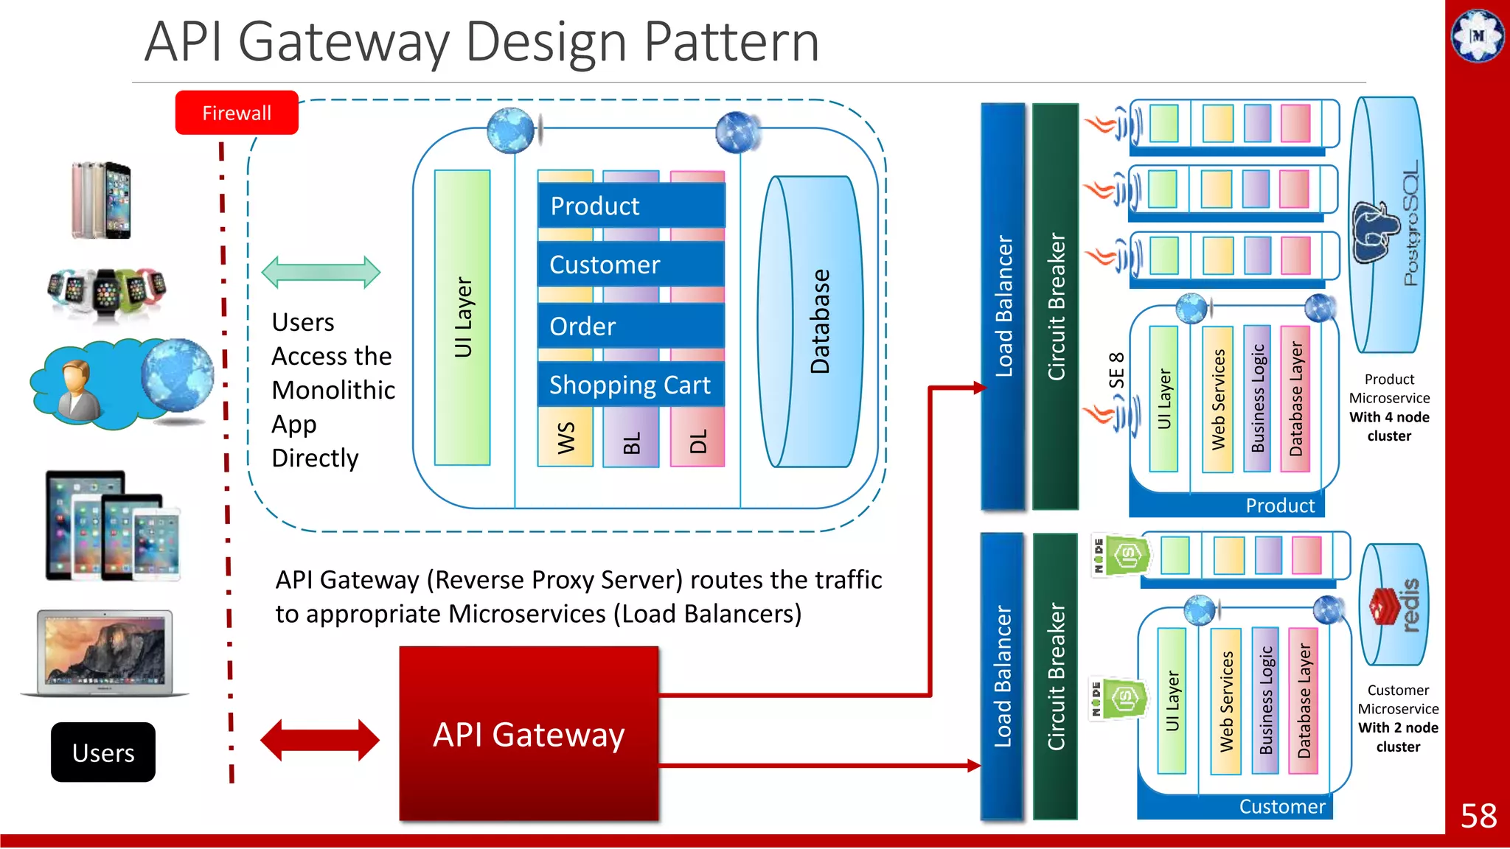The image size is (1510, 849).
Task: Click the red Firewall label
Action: tap(237, 113)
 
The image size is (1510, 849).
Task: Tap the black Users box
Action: tap(103, 752)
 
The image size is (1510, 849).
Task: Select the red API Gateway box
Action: tap(529, 734)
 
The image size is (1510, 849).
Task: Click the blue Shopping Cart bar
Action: tap(630, 385)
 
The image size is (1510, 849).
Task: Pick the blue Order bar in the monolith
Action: tap(630, 326)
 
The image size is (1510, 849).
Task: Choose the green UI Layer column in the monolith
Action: tap(462, 318)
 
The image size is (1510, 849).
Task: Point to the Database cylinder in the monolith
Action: tap(811, 321)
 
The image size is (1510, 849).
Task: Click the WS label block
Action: tap(566, 438)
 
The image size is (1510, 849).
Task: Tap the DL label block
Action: tap(697, 441)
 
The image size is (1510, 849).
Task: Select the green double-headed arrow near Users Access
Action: tap(321, 273)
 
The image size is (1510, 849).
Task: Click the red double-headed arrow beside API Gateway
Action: tap(320, 740)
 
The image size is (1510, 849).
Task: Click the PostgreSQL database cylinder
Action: tap(1388, 225)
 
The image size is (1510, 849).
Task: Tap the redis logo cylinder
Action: tap(1394, 604)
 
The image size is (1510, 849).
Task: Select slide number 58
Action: tap(1478, 816)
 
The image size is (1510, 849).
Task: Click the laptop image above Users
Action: tap(105, 653)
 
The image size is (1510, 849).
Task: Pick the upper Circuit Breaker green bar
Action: tap(1055, 307)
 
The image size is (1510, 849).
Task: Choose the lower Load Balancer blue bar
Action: tap(1003, 676)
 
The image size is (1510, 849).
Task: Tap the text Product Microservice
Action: tap(1389, 388)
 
